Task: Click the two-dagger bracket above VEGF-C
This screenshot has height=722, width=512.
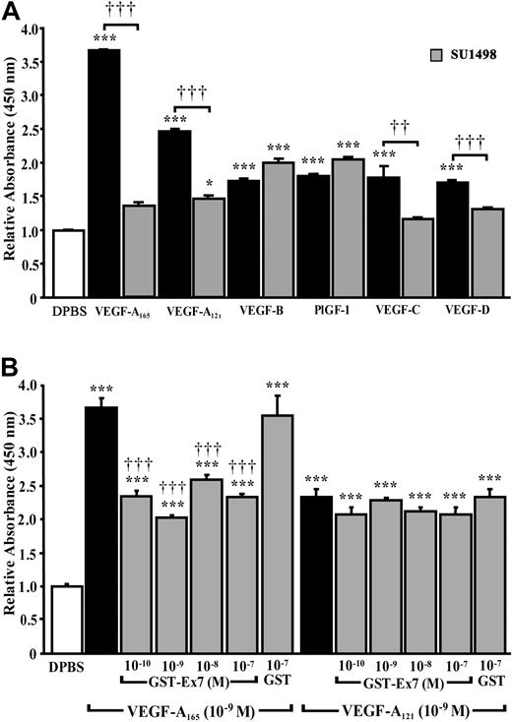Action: pos(405,144)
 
